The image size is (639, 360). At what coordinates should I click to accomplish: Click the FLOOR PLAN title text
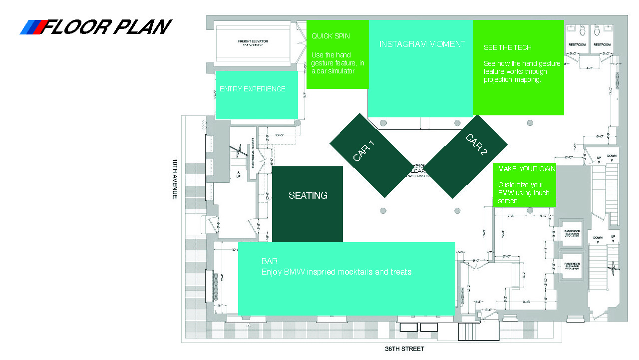tap(107, 27)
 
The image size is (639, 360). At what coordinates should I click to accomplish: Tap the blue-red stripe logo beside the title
tap(32, 27)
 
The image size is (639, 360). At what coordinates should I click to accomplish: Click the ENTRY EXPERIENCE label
tap(253, 89)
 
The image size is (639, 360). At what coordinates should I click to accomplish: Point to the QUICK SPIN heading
tap(330, 36)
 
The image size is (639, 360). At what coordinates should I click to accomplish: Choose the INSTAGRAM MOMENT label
tap(422, 44)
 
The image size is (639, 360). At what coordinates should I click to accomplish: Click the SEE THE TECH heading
tap(507, 48)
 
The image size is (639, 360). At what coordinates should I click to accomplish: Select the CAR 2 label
tap(476, 145)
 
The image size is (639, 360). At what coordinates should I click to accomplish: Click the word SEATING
tap(308, 196)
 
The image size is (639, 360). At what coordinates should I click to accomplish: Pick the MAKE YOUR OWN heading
tap(526, 169)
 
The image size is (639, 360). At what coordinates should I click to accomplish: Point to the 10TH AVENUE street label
tap(175, 179)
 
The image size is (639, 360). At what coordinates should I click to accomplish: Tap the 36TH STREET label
tap(404, 349)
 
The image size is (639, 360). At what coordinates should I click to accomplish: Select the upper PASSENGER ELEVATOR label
tap(572, 234)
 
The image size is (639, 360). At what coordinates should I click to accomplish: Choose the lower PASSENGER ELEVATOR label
tap(572, 265)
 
